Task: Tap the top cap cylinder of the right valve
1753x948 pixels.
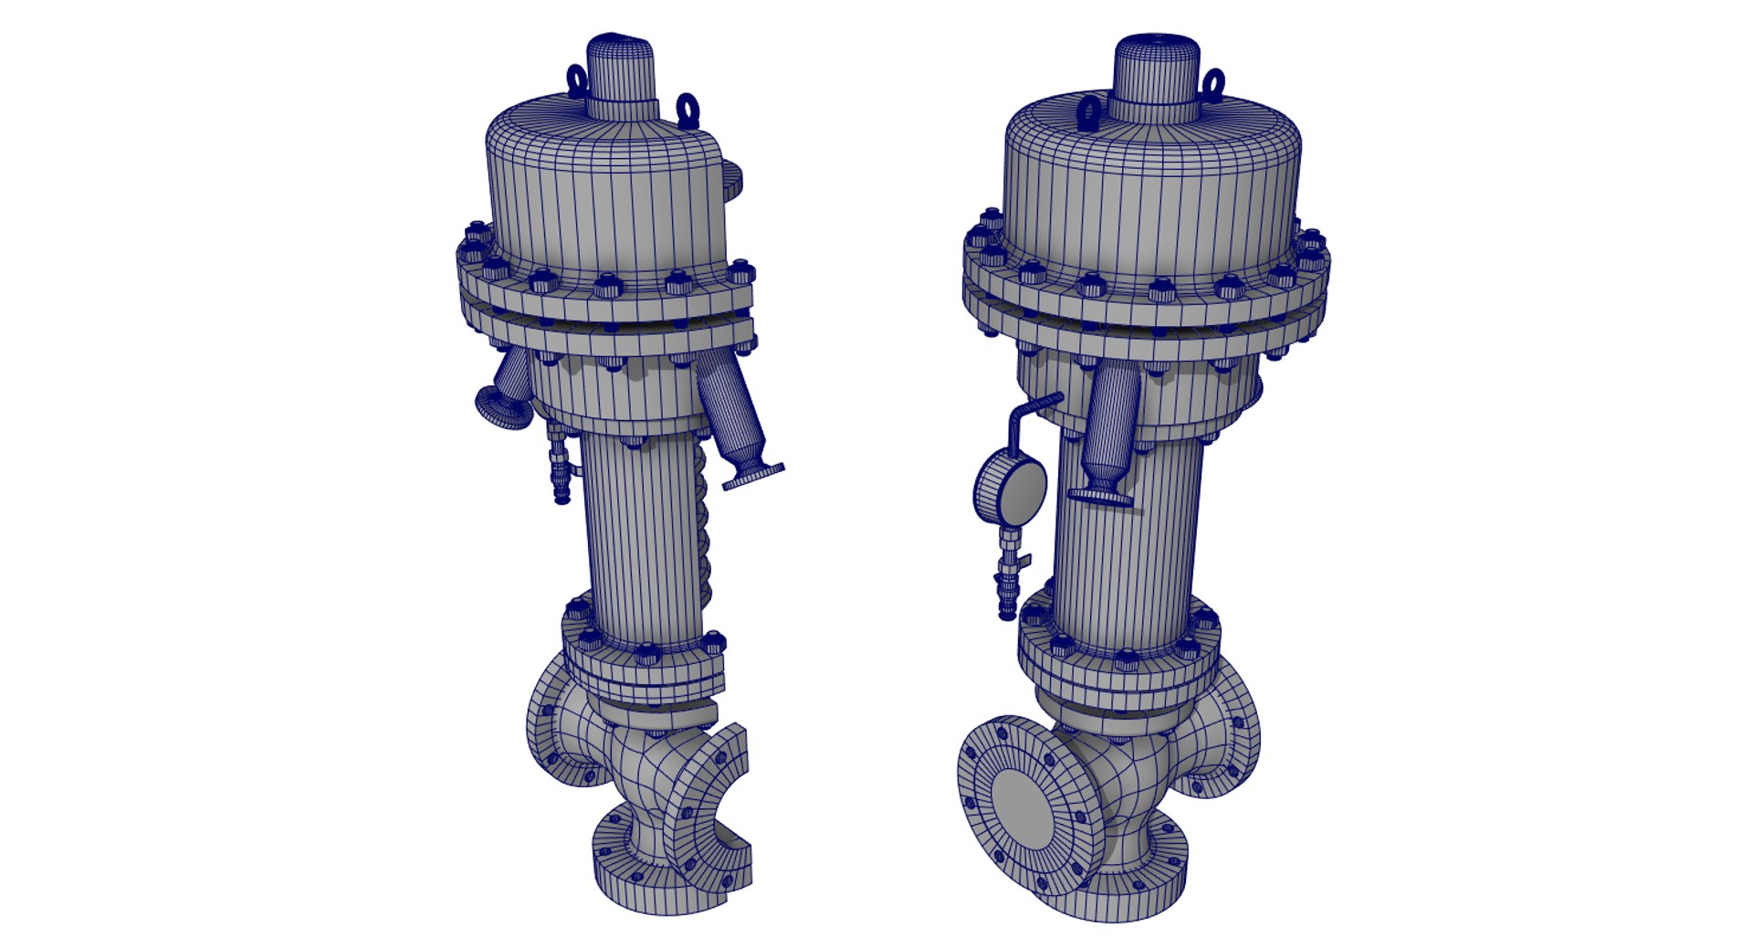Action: point(1155,73)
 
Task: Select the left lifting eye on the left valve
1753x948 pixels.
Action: point(577,80)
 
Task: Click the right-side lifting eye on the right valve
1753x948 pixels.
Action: point(1213,84)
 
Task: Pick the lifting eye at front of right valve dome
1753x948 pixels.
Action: point(1089,113)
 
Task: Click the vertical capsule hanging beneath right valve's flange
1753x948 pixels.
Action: point(1112,426)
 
